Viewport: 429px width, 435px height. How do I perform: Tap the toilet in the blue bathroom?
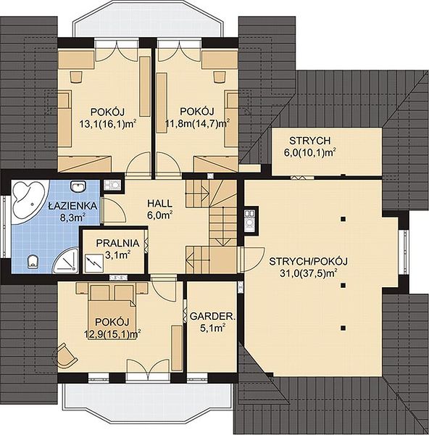[x=33, y=262]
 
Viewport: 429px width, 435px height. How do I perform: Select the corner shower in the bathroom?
[x=66, y=259]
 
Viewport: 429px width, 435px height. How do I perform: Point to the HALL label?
[x=159, y=203]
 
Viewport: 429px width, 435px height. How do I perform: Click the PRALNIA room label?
[x=117, y=244]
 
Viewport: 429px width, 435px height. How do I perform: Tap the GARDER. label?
[x=212, y=316]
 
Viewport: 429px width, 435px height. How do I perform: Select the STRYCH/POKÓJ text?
[x=309, y=261]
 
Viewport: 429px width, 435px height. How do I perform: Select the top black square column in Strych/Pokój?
[x=343, y=219]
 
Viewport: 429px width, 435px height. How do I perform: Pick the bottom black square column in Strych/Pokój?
[x=343, y=328]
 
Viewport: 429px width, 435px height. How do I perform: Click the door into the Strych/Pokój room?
[x=251, y=259]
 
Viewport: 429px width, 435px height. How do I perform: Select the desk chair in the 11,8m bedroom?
[x=219, y=77]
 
